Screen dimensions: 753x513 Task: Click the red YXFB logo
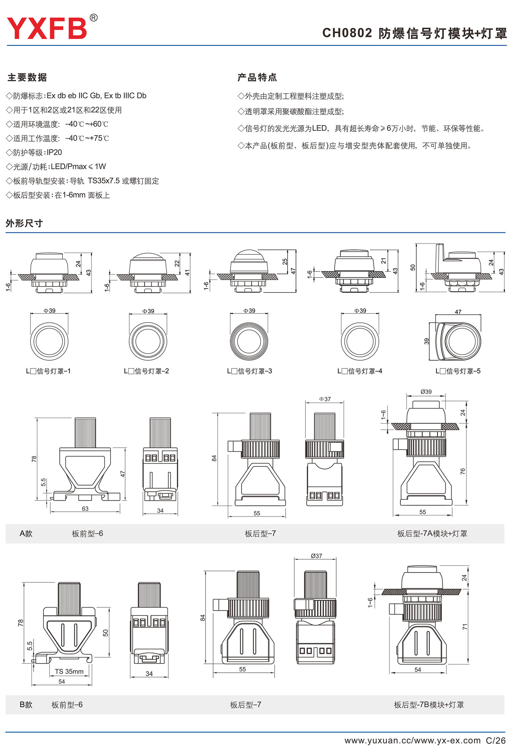tap(47, 28)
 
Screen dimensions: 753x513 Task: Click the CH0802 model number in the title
tap(347, 33)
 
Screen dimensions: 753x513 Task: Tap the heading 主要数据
tap(27, 78)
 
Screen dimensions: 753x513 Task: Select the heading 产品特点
tap(257, 78)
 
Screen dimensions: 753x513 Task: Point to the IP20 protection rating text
tap(54, 152)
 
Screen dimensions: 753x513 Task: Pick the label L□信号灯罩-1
tap(48, 371)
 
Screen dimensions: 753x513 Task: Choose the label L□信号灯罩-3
tap(249, 371)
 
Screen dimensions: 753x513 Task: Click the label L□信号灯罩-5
tap(458, 371)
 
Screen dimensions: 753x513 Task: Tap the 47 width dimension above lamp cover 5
tap(458, 312)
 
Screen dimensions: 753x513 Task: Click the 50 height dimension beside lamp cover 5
tap(413, 267)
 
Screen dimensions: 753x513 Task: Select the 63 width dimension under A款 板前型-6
tap(85, 509)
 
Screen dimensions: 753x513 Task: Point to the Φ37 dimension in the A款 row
tap(325, 399)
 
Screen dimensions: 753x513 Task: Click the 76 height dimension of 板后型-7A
tap(463, 471)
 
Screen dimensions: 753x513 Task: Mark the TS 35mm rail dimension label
tap(69, 671)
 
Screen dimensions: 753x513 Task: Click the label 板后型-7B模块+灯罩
tap(429, 705)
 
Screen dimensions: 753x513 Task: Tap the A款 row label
tap(26, 534)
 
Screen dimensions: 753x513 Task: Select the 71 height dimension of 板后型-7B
tap(464, 627)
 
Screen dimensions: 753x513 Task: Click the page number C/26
tap(496, 740)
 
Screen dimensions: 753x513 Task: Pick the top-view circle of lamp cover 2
tap(148, 341)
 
